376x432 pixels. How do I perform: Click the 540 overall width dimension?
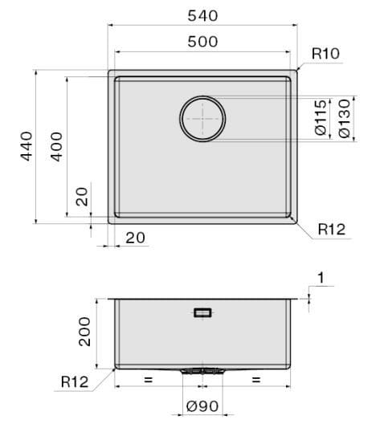[x=202, y=16]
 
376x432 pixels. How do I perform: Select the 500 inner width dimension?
[x=202, y=42]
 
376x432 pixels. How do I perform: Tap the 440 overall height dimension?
[x=27, y=146]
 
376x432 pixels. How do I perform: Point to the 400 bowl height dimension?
[x=56, y=147]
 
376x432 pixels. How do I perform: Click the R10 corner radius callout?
[x=325, y=54]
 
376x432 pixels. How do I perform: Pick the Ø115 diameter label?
[x=321, y=118]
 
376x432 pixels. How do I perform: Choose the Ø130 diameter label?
[x=345, y=119]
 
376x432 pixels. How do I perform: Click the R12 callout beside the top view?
[x=331, y=229]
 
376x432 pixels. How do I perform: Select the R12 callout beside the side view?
[x=75, y=381]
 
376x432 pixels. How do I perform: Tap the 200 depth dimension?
[x=84, y=332]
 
